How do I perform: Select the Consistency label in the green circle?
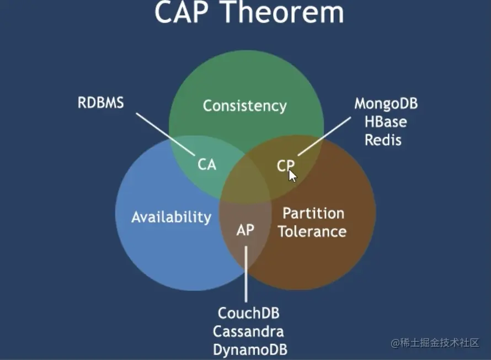coord(244,105)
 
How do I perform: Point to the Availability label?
coord(171,217)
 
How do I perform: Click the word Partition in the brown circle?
coord(313,214)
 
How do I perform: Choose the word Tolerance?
coord(312,231)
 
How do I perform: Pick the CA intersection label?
coord(207,165)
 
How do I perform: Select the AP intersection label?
coord(245,230)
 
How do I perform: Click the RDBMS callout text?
coord(101,103)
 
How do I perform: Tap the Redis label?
coord(382,140)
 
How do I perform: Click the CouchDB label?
coord(248,313)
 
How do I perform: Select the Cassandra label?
coord(248,331)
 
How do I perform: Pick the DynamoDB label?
coord(250,350)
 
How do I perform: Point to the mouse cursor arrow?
coord(292,175)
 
